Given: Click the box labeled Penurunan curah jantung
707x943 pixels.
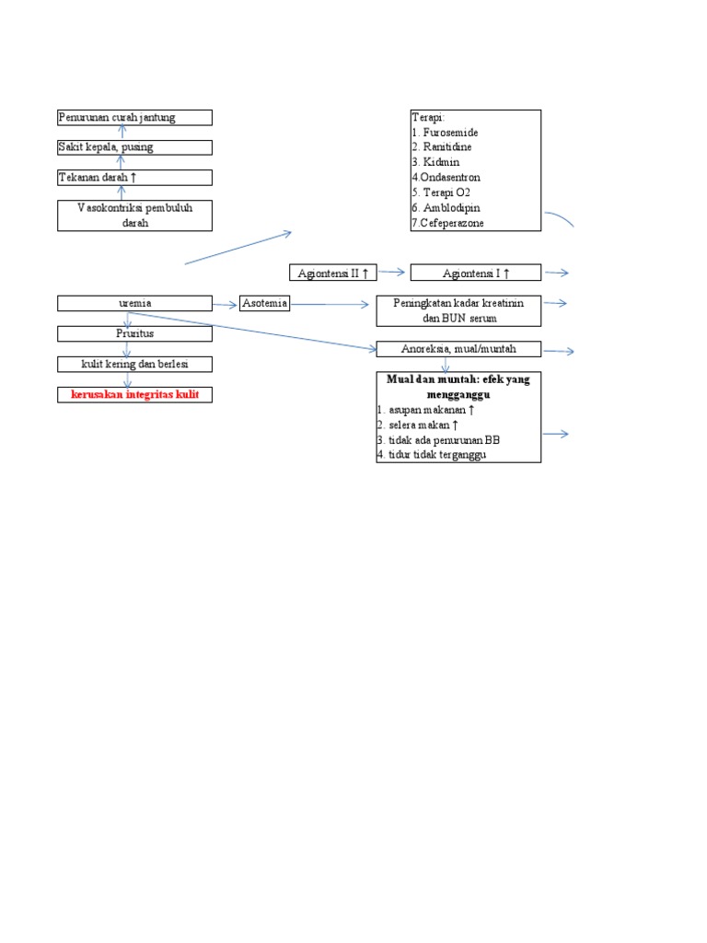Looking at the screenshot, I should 134,117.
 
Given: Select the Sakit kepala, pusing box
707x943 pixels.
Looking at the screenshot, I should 134,147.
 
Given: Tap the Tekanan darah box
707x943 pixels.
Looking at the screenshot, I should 134,178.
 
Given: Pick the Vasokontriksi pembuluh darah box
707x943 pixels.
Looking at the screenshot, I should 134,215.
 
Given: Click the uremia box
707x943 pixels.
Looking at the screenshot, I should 134,303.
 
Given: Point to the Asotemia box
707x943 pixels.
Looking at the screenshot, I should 265,303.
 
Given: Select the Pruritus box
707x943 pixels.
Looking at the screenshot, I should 134,333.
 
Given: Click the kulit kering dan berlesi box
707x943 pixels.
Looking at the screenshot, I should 134,364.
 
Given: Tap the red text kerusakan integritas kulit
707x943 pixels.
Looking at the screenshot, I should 134,394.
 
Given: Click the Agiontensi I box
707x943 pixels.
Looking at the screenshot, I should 476,273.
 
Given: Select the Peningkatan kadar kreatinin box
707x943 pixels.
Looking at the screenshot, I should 458,310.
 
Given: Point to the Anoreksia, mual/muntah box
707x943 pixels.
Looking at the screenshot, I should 458,349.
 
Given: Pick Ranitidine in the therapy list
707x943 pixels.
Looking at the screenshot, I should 445,147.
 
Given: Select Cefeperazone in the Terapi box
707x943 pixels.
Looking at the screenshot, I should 451,223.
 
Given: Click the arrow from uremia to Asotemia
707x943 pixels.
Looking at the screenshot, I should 226,304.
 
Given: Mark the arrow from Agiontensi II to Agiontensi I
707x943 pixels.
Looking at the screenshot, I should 391,273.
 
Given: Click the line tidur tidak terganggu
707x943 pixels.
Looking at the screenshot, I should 431,455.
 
